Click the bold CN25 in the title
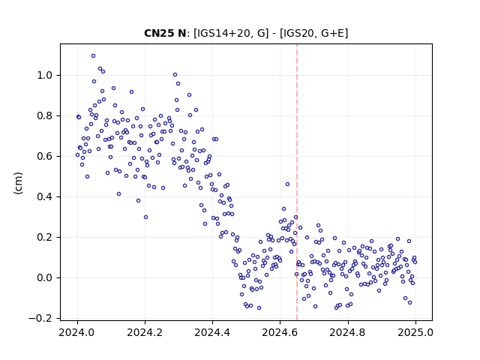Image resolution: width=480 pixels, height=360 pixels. pyautogui.click(x=158, y=33)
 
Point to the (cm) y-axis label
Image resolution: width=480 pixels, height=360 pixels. pyautogui.click(x=18, y=183)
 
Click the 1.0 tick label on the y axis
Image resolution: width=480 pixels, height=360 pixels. pyautogui.click(x=44, y=75)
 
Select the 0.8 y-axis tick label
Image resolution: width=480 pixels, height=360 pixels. pyautogui.click(x=44, y=115)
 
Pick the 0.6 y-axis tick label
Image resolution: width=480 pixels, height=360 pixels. pyautogui.click(x=44, y=156)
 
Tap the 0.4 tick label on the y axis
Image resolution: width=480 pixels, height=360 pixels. pyautogui.click(x=44, y=196)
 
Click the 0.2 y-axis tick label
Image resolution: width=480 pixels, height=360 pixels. pyautogui.click(x=44, y=237)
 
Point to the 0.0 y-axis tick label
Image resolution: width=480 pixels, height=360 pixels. pyautogui.click(x=44, y=277)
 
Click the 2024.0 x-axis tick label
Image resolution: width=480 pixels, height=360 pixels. pyautogui.click(x=77, y=332)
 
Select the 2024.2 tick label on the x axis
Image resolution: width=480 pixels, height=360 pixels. pyautogui.click(x=145, y=332)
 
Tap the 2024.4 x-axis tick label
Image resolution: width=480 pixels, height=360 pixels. pyautogui.click(x=212, y=332)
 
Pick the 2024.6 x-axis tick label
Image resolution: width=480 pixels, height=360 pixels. pyautogui.click(x=280, y=332)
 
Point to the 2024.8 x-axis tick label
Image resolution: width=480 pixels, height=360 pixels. pyautogui.click(x=348, y=332)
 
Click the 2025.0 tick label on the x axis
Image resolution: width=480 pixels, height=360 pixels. pyautogui.click(x=415, y=332)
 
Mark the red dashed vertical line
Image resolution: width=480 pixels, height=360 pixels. pyautogui.click(x=297, y=182)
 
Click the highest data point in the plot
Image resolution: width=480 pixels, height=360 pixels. pyautogui.click(x=93, y=56)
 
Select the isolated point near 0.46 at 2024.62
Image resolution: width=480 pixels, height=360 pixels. pyautogui.click(x=287, y=184)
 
